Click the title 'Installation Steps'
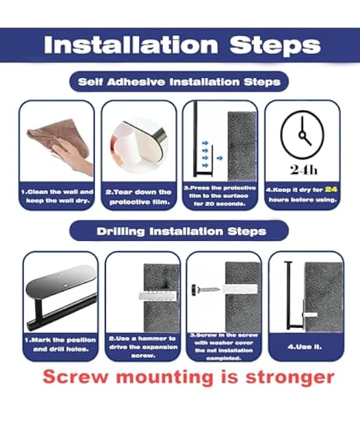coord(182,45)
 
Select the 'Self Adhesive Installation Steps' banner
coord(179,82)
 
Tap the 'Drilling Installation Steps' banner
coord(181,230)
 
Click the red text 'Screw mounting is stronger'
coord(188,377)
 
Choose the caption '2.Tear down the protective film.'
coord(138,196)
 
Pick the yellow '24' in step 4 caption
coord(329,190)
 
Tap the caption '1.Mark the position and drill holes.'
coord(60,343)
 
